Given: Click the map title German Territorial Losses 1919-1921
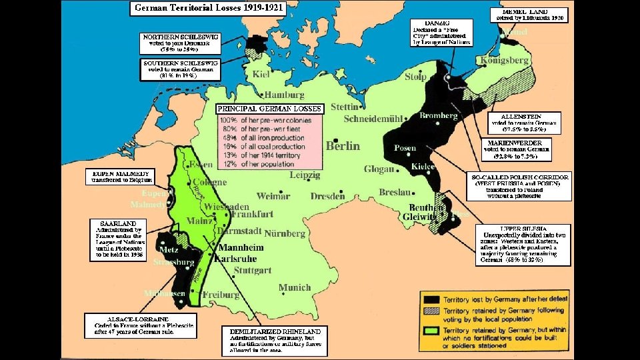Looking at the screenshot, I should coord(208,9).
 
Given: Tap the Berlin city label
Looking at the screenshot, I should coord(343,146).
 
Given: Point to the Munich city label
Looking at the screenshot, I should coord(294,287).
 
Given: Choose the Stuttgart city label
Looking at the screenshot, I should coord(253,270).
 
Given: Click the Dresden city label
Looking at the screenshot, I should coord(327,197).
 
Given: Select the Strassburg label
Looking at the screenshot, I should coord(173,262).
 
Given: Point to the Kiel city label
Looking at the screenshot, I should coord(261,73).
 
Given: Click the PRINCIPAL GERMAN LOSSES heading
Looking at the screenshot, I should coord(270,108).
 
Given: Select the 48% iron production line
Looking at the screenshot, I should coord(262,137).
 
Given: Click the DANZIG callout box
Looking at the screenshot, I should coord(441,31).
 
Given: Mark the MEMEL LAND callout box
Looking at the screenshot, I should coord(531,15).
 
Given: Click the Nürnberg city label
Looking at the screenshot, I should coord(285,234).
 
